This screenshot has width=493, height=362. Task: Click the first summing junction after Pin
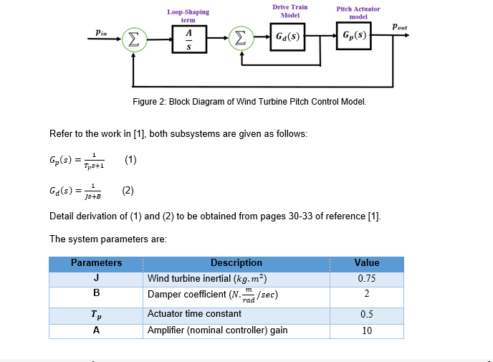pyautogui.click(x=133, y=39)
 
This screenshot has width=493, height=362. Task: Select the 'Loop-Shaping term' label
pyautogui.click(x=188, y=16)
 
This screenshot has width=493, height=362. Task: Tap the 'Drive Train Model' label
pyautogui.click(x=289, y=11)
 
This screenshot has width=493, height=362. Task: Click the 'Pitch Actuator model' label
pyautogui.click(x=358, y=13)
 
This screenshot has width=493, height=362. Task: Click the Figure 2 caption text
pyautogui.click(x=249, y=102)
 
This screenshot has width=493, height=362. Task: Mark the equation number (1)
pyautogui.click(x=130, y=160)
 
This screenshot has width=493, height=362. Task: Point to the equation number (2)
pyautogui.click(x=128, y=191)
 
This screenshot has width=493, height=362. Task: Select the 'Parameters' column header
pyautogui.click(x=96, y=263)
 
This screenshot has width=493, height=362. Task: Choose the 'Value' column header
pyautogui.click(x=367, y=263)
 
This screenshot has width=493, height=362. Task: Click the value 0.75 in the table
pyautogui.click(x=367, y=278)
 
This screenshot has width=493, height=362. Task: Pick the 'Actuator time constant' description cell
pyautogui.click(x=184, y=314)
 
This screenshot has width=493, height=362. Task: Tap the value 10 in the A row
pyautogui.click(x=367, y=330)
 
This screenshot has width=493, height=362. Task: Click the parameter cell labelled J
pyautogui.click(x=96, y=278)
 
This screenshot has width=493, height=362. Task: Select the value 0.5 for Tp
pyautogui.click(x=367, y=314)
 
